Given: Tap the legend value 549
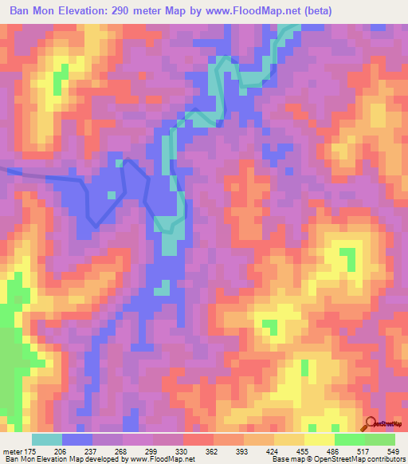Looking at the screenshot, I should click(398, 450).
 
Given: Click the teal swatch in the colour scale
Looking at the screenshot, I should click(47, 439).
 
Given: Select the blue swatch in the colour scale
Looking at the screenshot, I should click(77, 439).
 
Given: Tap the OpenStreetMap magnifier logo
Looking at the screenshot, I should click(371, 425).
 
